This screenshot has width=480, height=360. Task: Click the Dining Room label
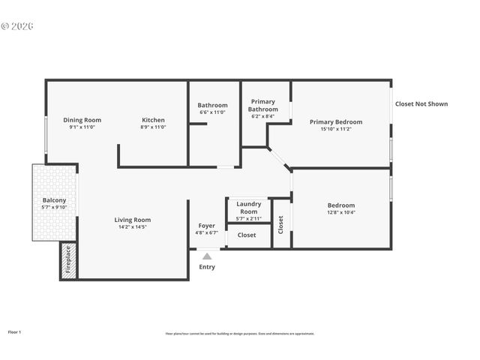(82, 120)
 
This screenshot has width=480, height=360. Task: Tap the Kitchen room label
(154, 120)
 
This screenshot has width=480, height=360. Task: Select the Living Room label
(133, 220)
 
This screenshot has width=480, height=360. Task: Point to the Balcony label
(54, 200)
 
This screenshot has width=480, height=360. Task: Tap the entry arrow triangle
(207, 256)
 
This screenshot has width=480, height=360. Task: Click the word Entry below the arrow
(207, 267)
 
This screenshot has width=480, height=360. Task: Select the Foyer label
(206, 226)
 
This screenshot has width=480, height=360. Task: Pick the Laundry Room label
(248, 208)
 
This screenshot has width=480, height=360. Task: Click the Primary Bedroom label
(336, 121)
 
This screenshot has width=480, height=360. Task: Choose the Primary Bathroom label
(262, 106)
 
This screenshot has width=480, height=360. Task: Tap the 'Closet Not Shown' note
(421, 104)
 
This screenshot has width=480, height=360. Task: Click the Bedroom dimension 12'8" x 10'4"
(341, 213)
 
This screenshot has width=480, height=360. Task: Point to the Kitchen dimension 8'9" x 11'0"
(154, 127)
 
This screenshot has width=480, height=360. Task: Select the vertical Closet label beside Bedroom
(281, 224)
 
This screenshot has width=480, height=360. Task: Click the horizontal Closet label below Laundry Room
(247, 235)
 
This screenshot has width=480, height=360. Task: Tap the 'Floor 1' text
(15, 331)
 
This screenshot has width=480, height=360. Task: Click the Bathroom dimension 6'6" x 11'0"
(212, 112)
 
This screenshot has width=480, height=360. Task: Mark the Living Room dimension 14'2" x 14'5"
(133, 226)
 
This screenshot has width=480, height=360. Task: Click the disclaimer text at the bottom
(240, 334)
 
